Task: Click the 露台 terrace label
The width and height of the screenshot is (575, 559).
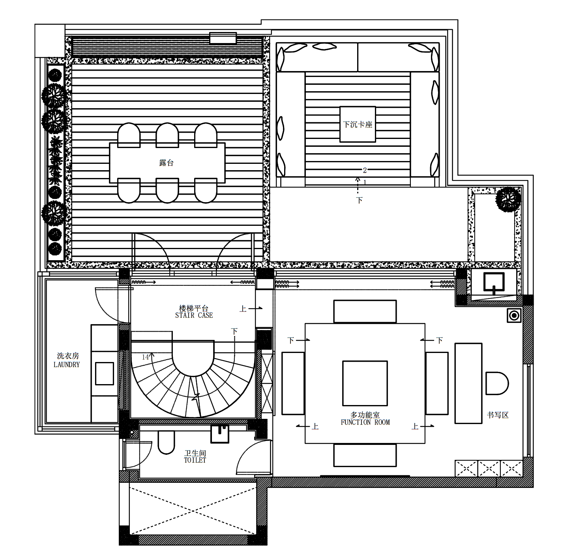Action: [166, 163]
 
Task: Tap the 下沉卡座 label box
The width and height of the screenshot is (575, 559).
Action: [358, 124]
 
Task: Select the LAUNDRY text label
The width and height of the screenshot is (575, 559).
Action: [67, 365]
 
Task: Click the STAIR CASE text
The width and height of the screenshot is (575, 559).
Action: [194, 315]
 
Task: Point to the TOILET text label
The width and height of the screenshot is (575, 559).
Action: [195, 460]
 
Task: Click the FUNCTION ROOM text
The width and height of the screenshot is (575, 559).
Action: [365, 422]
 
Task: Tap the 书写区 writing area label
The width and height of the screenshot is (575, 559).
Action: [497, 415]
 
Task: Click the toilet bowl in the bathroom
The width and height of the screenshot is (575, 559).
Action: [166, 442]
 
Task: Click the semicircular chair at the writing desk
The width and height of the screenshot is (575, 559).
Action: [496, 383]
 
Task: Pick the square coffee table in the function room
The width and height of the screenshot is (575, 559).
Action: [365, 383]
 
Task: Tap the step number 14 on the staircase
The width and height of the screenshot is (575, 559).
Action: [145, 357]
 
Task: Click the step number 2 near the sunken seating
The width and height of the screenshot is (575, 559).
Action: [365, 170]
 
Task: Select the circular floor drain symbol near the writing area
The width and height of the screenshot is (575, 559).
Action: [514, 315]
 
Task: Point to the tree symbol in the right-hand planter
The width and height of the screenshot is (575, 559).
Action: [508, 199]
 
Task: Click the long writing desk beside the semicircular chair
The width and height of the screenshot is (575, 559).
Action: [468, 383]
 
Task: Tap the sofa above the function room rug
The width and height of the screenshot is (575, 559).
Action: [365, 311]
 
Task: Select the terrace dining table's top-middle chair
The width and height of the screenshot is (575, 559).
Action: [167, 135]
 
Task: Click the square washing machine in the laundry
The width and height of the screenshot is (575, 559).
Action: [105, 373]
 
